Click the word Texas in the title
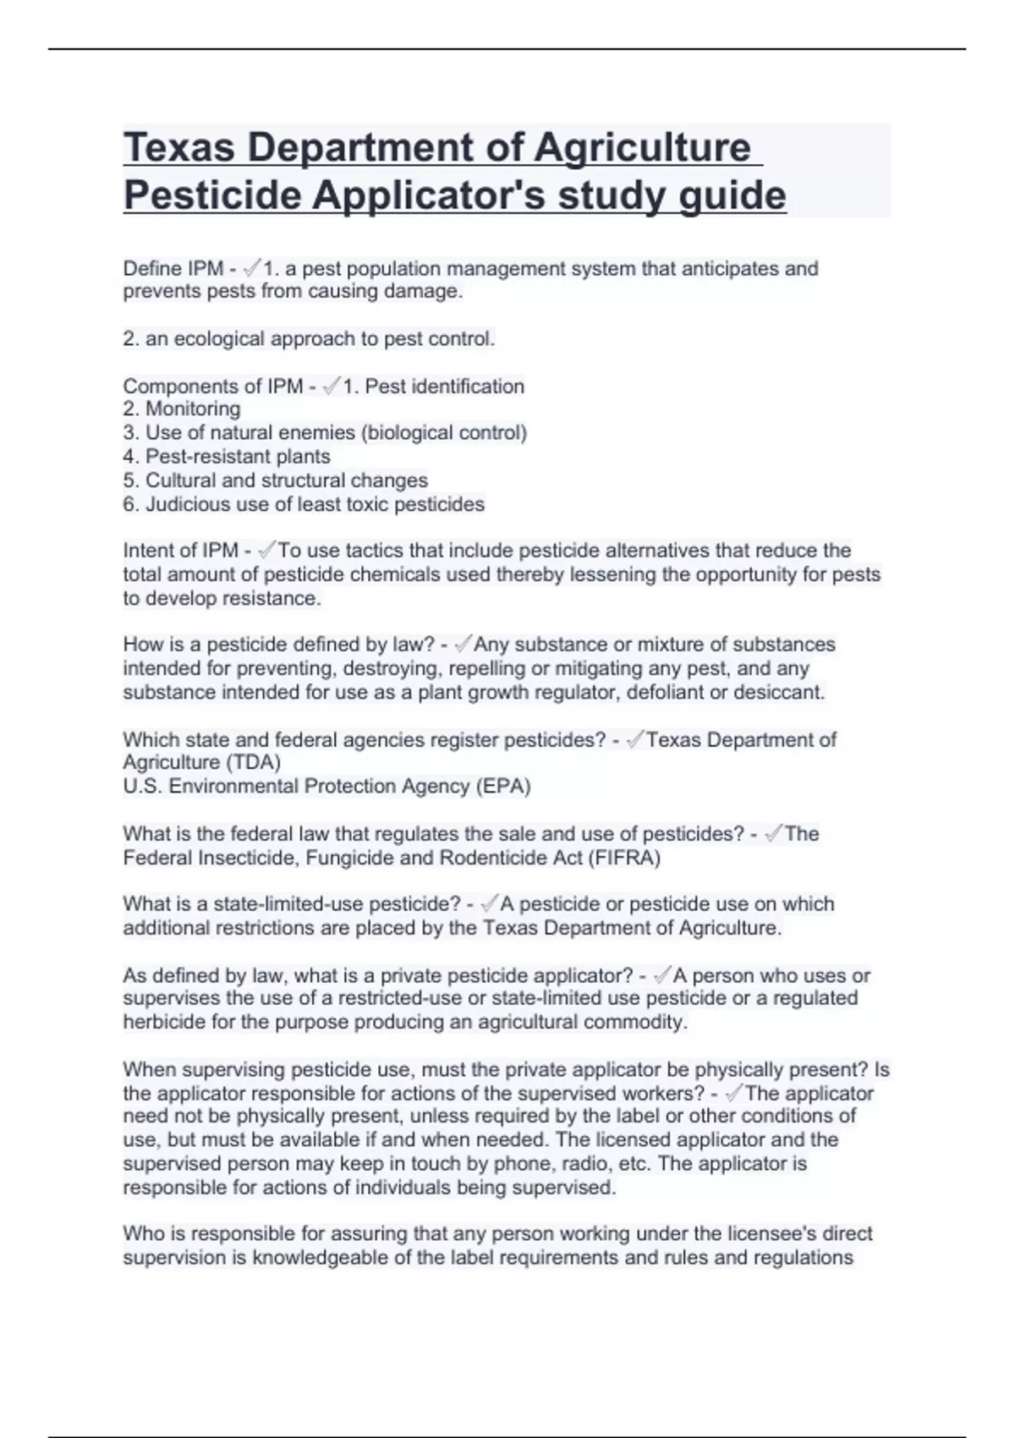coord(178,148)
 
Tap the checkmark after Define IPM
coord(251,269)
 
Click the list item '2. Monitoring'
coord(182,409)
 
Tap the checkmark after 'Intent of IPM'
coord(266,551)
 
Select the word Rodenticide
coord(491,859)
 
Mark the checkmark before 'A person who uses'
coord(662,975)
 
